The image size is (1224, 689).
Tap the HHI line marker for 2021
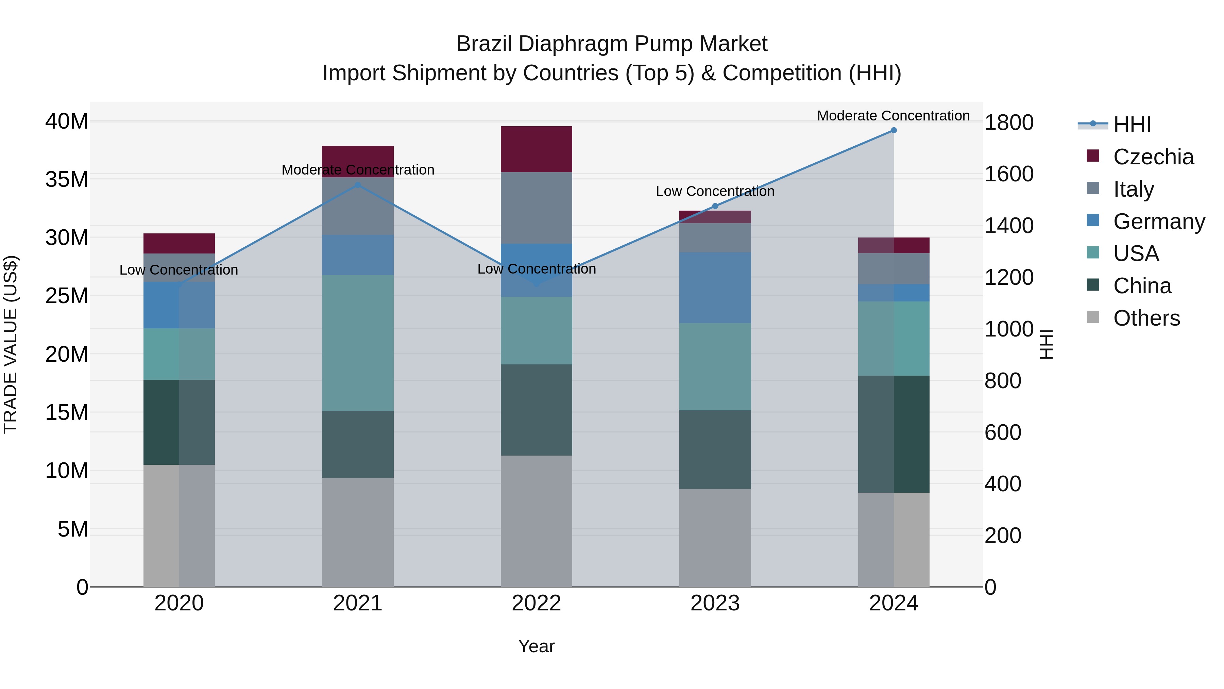coord(358,185)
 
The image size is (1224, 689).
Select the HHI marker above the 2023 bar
coord(715,206)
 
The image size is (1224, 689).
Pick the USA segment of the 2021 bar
coord(358,342)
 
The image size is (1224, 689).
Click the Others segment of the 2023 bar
coord(715,537)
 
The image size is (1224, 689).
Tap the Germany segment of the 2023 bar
coord(715,287)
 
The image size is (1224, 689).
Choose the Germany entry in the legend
coord(1158,222)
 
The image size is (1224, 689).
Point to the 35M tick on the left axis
coord(67,180)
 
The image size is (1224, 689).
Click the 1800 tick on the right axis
coord(1008,123)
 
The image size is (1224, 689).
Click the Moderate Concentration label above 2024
coord(893,116)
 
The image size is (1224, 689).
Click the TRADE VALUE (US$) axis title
coord(11,344)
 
